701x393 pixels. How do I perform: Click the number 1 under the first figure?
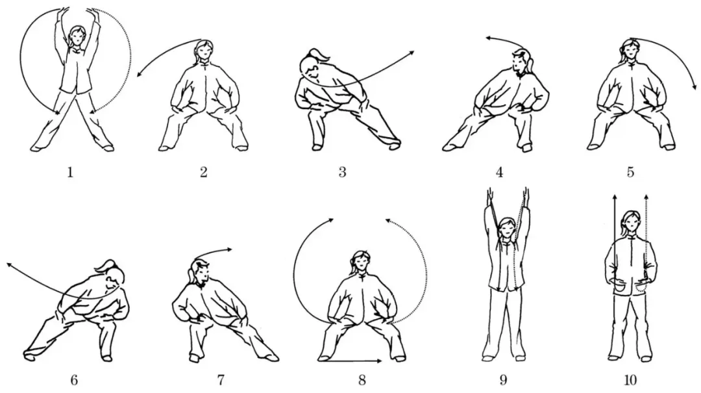(70, 172)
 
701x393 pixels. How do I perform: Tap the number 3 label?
(342, 172)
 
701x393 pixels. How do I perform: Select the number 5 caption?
(630, 172)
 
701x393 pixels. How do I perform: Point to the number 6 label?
(73, 380)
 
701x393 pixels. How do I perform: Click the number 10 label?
(628, 380)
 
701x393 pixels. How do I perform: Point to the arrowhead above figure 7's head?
(230, 249)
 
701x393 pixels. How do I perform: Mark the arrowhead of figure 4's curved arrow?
(487, 40)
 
